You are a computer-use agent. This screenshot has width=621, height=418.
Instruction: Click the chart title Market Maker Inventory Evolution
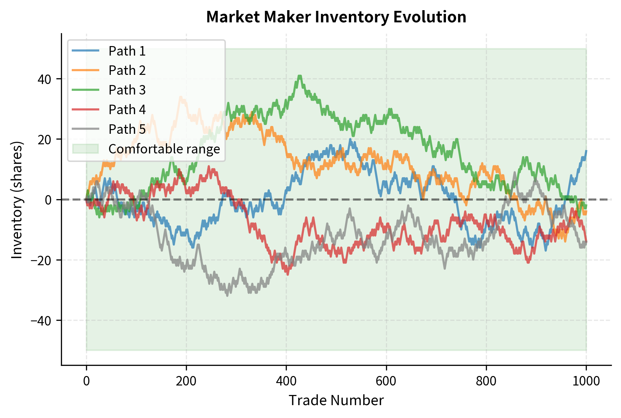coord(336,17)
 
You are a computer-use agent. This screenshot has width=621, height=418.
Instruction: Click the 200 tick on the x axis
coord(186,381)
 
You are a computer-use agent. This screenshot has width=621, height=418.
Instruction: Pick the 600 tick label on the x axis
coord(386,381)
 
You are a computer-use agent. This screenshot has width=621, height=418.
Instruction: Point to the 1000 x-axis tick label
coord(586,381)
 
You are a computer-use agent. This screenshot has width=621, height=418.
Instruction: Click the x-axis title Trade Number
coord(336,400)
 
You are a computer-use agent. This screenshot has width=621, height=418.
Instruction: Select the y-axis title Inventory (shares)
coord(17,200)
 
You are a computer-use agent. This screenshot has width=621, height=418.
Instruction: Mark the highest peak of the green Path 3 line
coord(299,76)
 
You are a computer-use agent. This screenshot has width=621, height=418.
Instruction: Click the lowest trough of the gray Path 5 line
coord(227,295)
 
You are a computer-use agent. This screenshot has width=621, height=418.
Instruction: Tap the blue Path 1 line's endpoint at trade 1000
coord(586,151)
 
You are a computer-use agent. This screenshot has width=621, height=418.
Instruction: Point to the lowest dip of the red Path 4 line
coord(288,274)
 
